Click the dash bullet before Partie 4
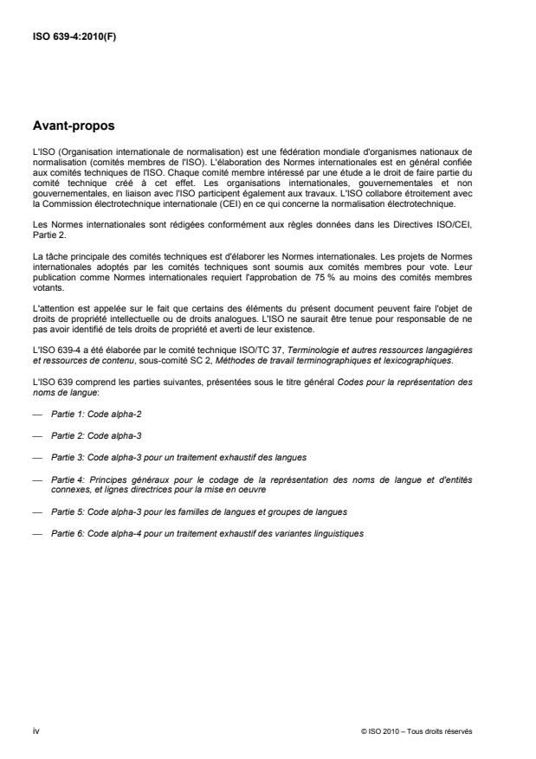(x=36, y=479)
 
